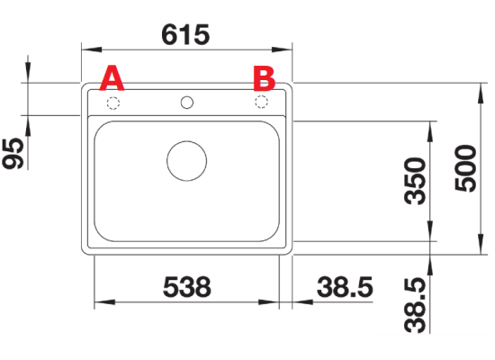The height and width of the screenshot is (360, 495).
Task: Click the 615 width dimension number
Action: [185, 34]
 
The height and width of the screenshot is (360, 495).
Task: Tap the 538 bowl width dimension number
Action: [187, 287]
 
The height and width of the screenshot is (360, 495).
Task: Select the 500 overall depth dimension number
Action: [465, 168]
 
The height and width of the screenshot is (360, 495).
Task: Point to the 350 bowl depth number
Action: [415, 181]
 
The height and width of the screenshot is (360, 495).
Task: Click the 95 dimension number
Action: [13, 154]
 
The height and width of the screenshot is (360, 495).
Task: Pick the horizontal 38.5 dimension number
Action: [345, 287]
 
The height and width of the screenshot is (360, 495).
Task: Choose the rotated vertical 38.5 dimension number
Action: [415, 305]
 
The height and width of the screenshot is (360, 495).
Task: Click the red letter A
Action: [112, 78]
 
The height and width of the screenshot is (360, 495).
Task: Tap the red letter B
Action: [265, 78]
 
